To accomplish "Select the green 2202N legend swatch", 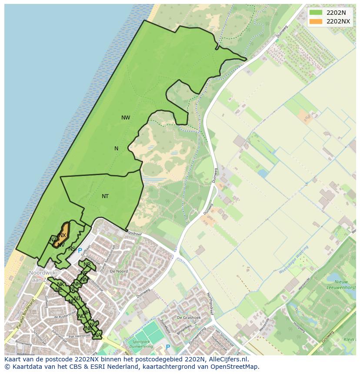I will pos(316,13).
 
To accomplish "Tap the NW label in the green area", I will pos(126,118).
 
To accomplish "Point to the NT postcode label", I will pos(105,196).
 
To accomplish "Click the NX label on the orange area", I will pos(63,235).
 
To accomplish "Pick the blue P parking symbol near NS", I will pos(80,251).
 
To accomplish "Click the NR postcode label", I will pos(87,265).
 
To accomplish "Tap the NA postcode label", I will pos(97,335).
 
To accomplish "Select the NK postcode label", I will pos(60,285).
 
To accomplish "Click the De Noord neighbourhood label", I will pos(119,271).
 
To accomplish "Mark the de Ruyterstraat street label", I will pos(62,316).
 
